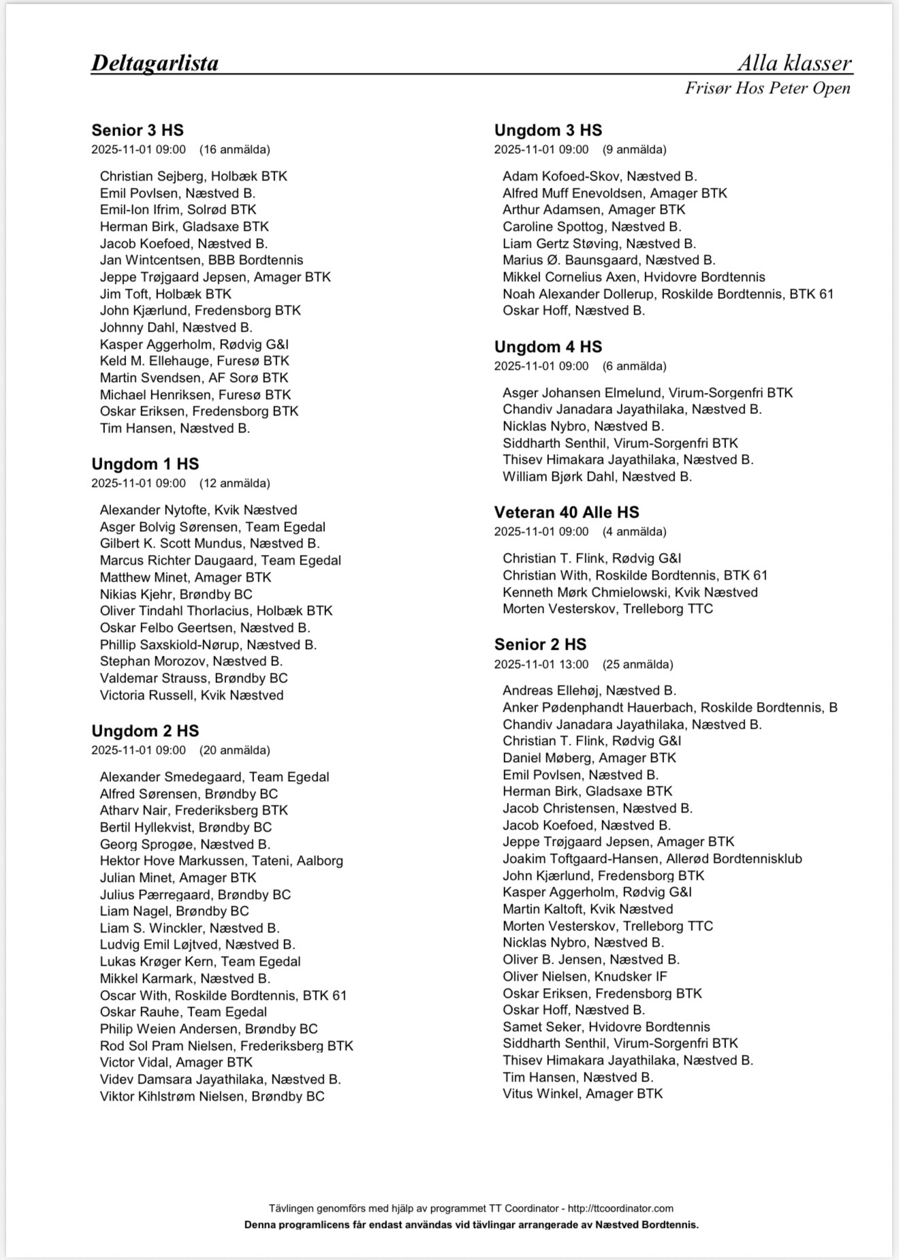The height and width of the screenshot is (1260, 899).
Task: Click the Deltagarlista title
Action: coord(155,63)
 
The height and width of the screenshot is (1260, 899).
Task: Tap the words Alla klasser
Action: coord(795,63)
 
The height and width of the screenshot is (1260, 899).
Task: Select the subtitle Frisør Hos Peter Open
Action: coord(768,89)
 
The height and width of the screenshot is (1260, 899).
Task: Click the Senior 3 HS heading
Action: coord(138,130)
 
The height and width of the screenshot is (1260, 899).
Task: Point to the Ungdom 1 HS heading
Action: coord(145,464)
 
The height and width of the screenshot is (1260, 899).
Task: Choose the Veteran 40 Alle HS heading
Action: coord(567,512)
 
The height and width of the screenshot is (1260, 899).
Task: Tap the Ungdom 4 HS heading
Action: coord(548,347)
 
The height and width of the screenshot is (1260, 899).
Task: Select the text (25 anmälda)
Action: coord(637,664)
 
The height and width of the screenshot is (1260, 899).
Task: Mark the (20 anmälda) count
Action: coord(234,750)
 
